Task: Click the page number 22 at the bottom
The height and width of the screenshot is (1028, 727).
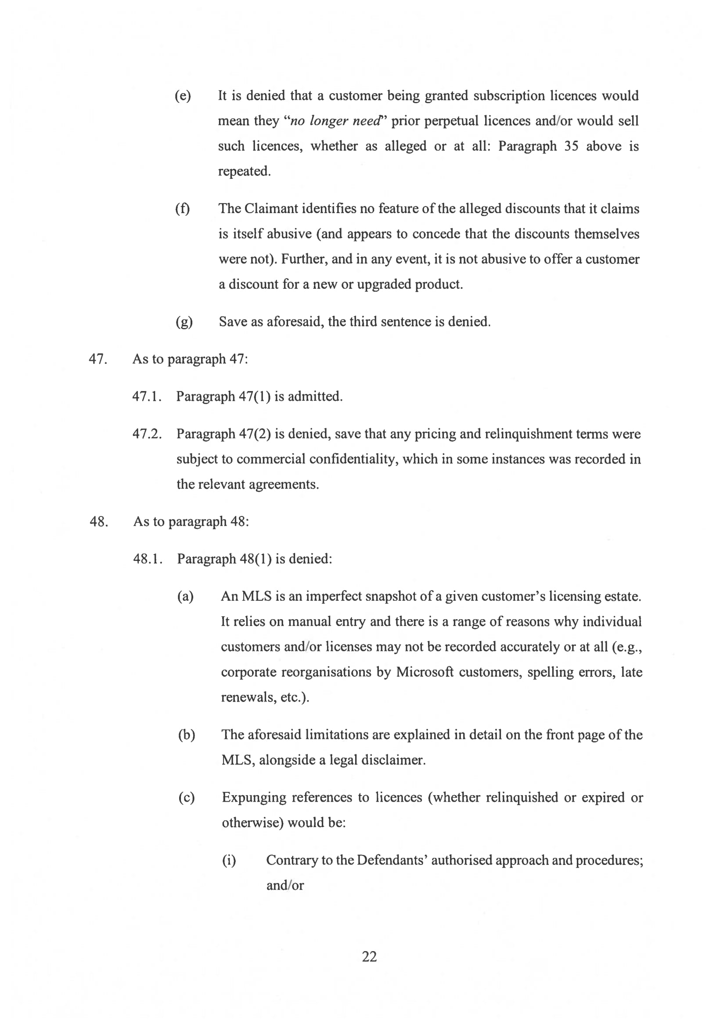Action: (x=369, y=956)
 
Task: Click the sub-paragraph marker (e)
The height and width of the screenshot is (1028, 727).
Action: (x=183, y=95)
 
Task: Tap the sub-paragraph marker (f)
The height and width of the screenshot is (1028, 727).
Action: (x=183, y=209)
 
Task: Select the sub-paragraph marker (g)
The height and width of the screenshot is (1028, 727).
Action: (x=184, y=322)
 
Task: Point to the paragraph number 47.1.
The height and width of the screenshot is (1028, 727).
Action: (x=146, y=396)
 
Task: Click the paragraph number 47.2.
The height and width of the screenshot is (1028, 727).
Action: (x=147, y=434)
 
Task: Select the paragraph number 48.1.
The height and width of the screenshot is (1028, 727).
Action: (x=147, y=559)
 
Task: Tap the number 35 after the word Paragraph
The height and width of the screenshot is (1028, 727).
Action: (x=571, y=146)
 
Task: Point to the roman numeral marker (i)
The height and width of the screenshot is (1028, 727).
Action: (x=229, y=860)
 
